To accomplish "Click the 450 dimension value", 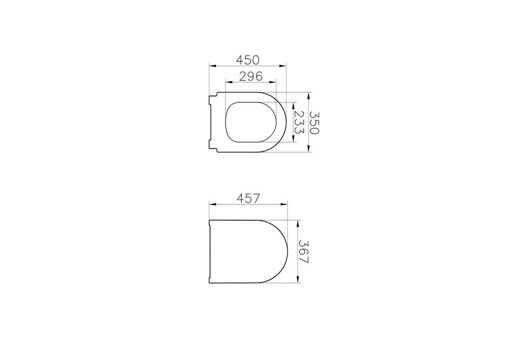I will pyautogui.click(x=248, y=60).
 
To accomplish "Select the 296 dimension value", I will pyautogui.click(x=250, y=76).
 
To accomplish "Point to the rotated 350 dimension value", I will pyautogui.click(x=315, y=122).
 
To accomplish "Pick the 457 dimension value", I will pyautogui.click(x=248, y=198).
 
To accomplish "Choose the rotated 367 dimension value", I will pyautogui.click(x=304, y=251).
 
